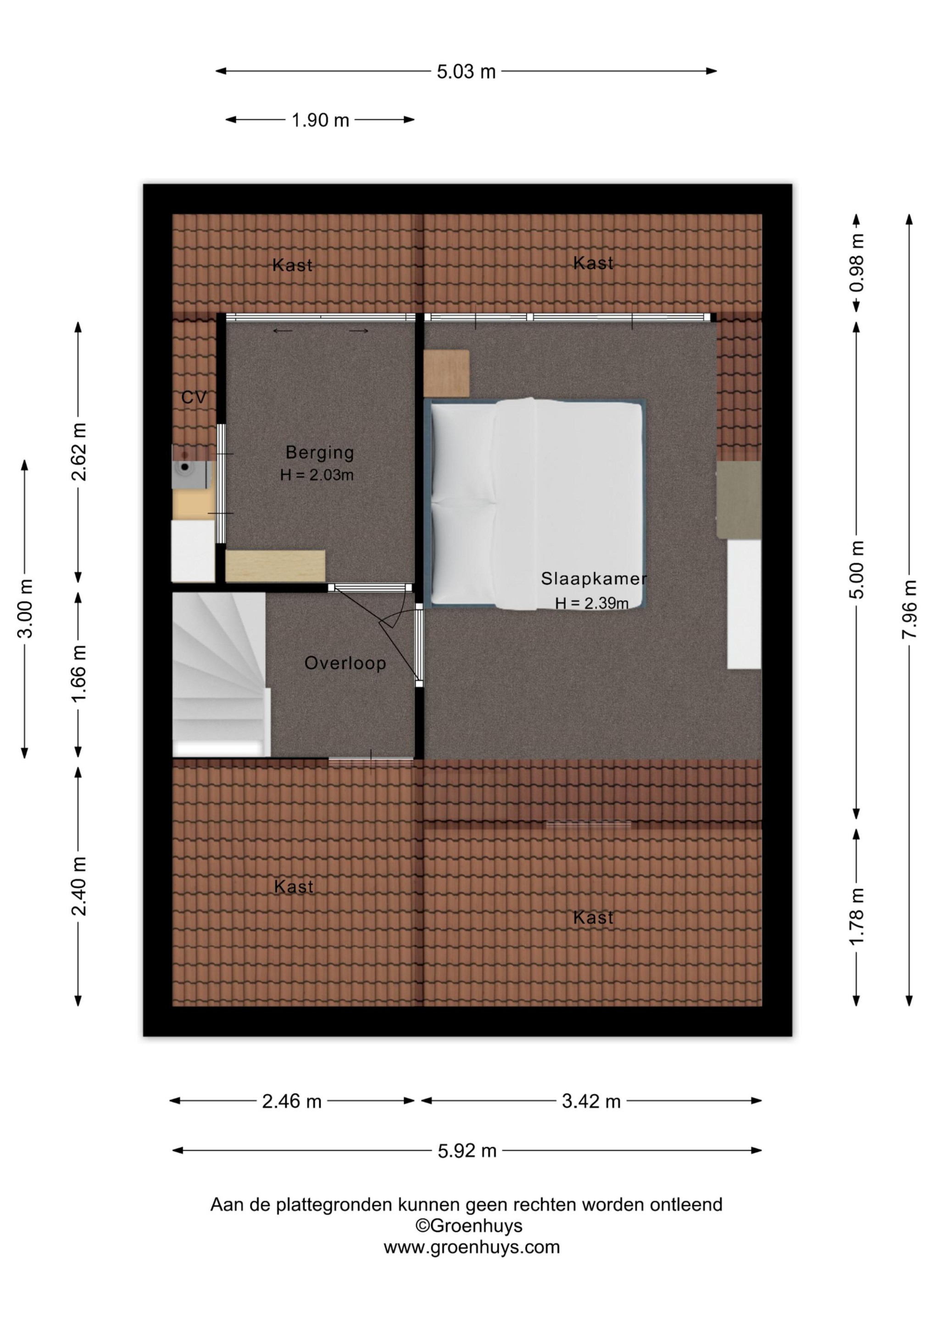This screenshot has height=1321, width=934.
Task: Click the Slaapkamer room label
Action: [593, 579]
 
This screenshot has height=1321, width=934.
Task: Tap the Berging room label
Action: [319, 453]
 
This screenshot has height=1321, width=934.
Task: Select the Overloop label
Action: [345, 663]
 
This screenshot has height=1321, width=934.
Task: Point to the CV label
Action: [194, 398]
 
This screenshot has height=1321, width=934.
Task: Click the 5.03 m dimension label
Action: [466, 72]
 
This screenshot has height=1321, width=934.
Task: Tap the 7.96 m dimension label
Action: [909, 609]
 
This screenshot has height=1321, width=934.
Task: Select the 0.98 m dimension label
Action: [856, 262]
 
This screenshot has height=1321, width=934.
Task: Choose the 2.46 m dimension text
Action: [292, 1101]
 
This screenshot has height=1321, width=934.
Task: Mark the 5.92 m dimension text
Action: [467, 1151]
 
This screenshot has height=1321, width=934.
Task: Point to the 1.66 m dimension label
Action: [78, 673]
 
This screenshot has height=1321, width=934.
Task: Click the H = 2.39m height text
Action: [592, 603]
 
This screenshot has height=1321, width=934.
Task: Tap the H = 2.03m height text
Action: [317, 475]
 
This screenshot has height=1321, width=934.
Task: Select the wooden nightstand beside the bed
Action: [446, 373]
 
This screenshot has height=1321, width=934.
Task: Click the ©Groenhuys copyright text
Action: [469, 1226]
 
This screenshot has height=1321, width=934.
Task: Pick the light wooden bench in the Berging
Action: [275, 566]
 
